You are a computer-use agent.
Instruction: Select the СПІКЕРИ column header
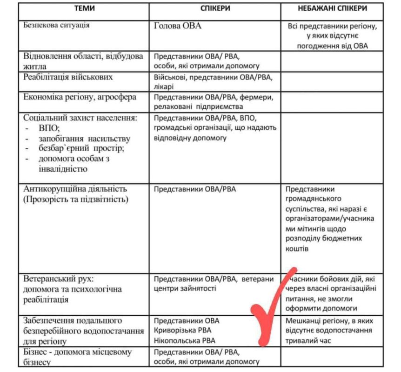pos(215,8)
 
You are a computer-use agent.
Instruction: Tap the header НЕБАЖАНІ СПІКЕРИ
pos(333,8)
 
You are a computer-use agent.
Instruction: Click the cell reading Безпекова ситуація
pos(56,25)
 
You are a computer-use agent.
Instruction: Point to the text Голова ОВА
pos(177,26)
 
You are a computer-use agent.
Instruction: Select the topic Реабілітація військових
pos(68,77)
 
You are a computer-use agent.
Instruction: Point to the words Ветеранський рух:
pos(59,279)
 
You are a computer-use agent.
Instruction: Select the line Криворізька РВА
pos(182,330)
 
